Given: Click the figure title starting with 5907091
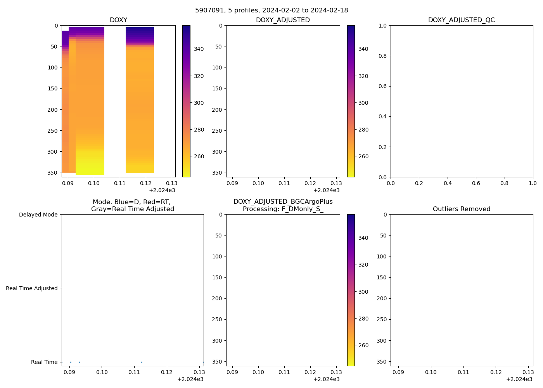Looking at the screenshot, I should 271,10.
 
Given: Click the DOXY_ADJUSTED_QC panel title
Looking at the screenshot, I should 462,20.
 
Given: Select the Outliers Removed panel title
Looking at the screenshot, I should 462,209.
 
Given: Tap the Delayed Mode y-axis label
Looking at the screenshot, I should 38,215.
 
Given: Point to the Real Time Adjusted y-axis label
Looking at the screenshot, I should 32,288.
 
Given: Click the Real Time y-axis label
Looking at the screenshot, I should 44,362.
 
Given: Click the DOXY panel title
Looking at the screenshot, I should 118,20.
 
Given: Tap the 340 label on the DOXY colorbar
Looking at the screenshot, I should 199,49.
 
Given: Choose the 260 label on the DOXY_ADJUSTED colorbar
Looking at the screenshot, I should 363,157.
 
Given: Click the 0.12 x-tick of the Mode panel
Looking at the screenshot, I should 167,372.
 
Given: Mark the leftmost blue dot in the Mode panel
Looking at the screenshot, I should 71,362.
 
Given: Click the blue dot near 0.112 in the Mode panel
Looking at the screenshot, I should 142,362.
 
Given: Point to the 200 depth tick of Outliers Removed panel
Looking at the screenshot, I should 382,298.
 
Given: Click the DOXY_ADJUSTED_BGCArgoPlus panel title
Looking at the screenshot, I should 283,205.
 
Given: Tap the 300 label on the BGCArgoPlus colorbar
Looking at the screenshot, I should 363,292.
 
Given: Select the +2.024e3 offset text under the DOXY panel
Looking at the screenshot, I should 162,190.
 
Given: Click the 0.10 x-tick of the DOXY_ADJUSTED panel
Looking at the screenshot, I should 258,183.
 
